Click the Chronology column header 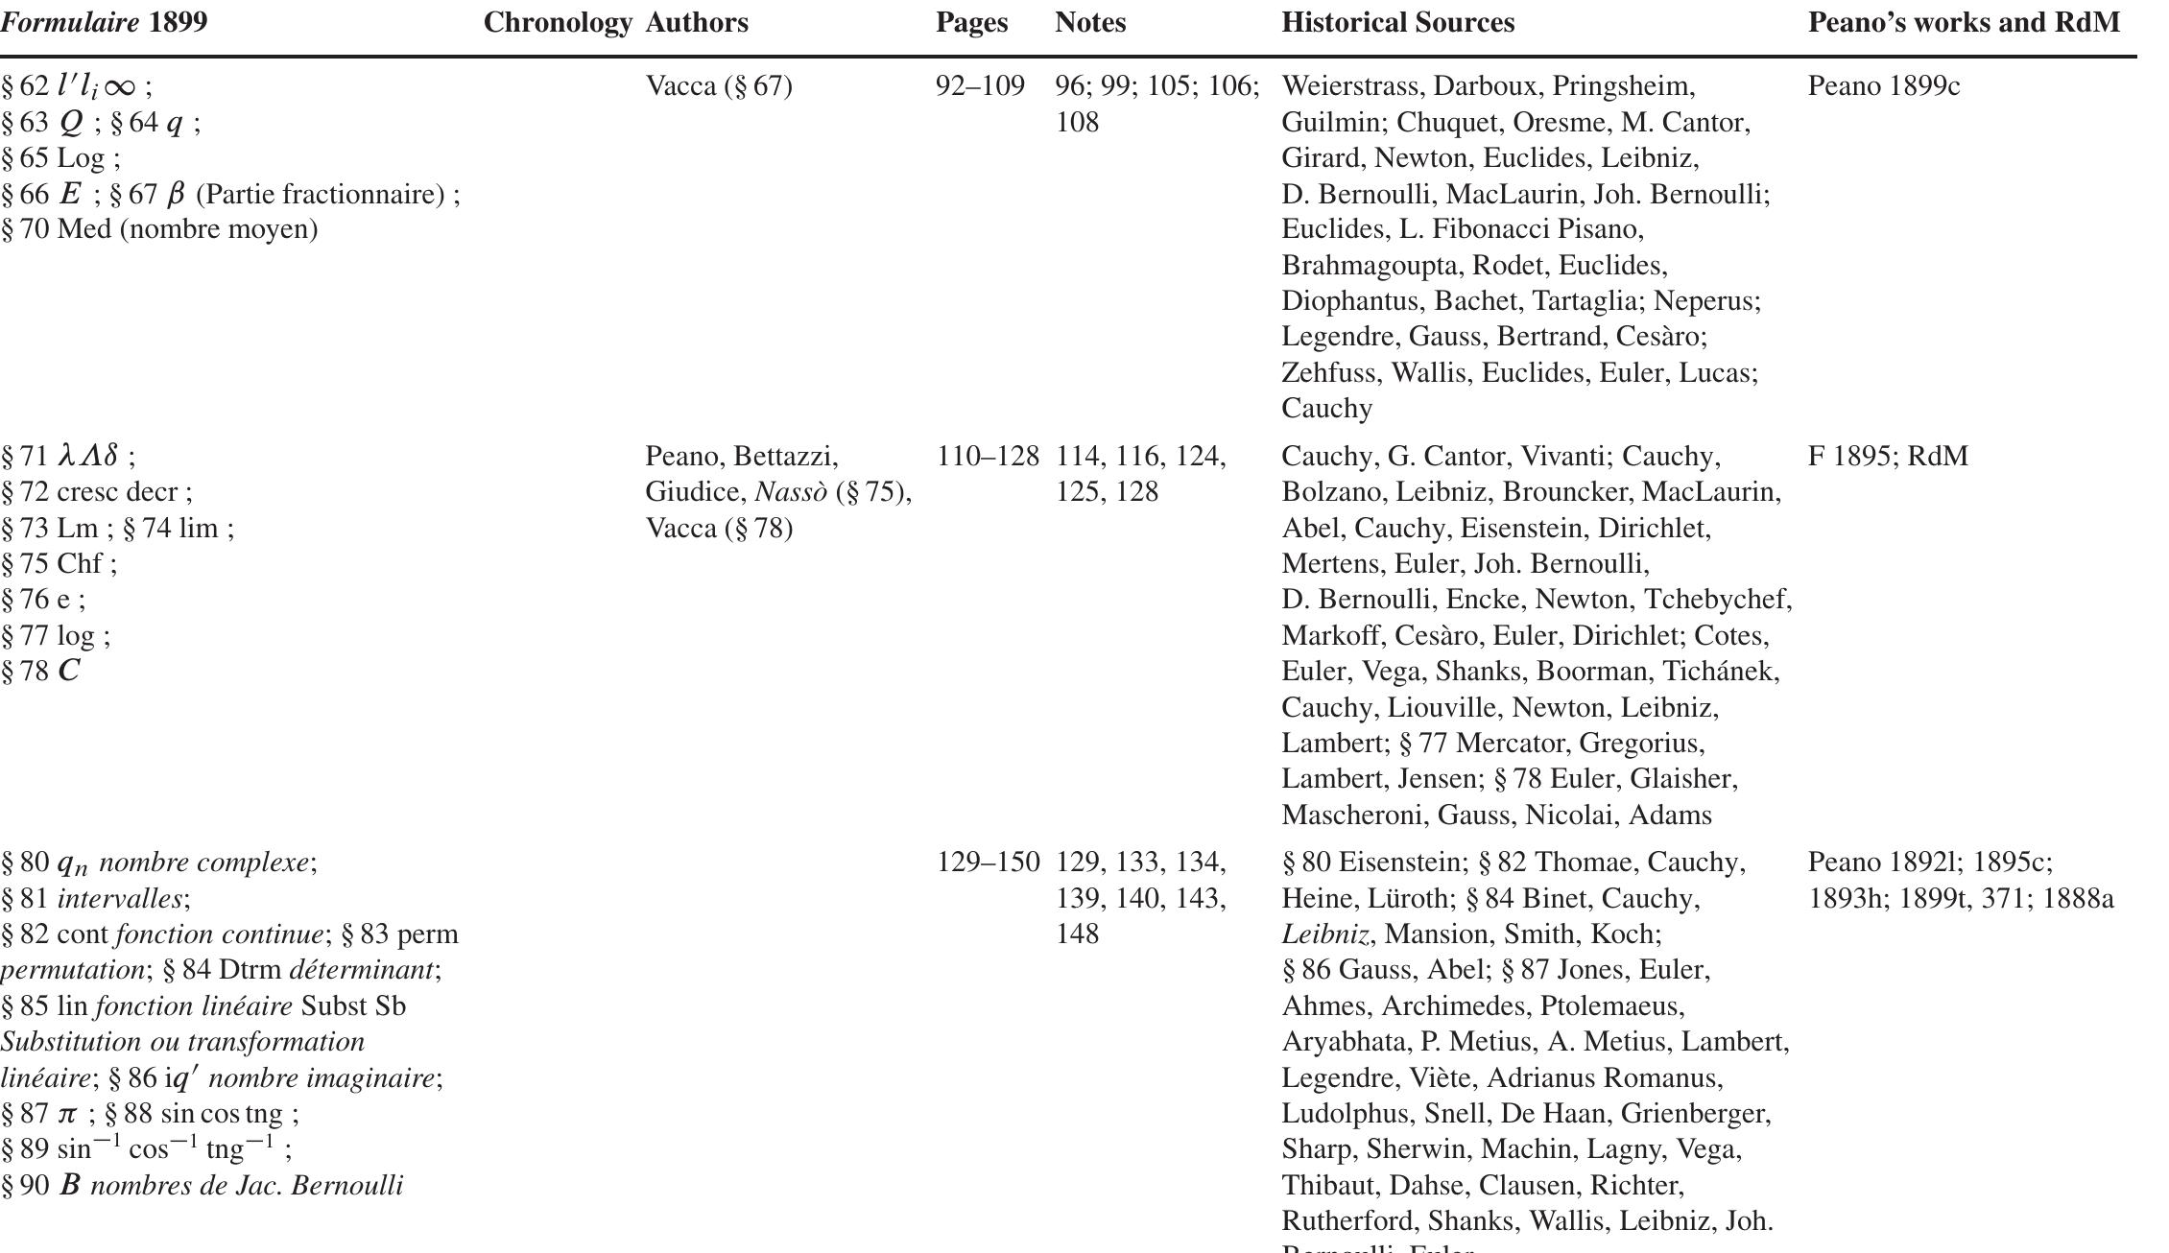coord(557,23)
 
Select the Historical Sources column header coord(1397,23)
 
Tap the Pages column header coord(971,23)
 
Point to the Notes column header coord(1090,23)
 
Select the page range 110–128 coord(988,456)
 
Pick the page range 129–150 coord(988,863)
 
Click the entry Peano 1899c coord(1883,86)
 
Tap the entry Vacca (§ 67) coord(719,86)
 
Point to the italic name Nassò coord(790,492)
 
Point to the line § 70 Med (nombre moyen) coord(159,229)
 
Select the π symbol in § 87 coord(67,1114)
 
